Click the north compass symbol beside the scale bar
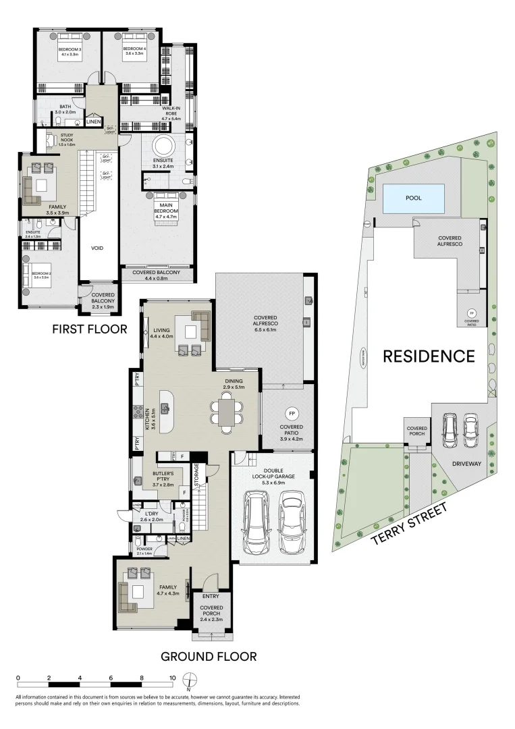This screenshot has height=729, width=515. (192, 679)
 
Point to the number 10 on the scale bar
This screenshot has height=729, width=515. (172, 677)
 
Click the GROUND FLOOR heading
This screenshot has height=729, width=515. (209, 655)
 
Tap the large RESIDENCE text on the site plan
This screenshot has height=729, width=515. (429, 356)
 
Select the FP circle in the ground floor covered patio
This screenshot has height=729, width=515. (292, 412)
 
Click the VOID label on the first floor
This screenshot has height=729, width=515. (97, 248)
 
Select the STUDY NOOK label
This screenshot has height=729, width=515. (65, 140)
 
